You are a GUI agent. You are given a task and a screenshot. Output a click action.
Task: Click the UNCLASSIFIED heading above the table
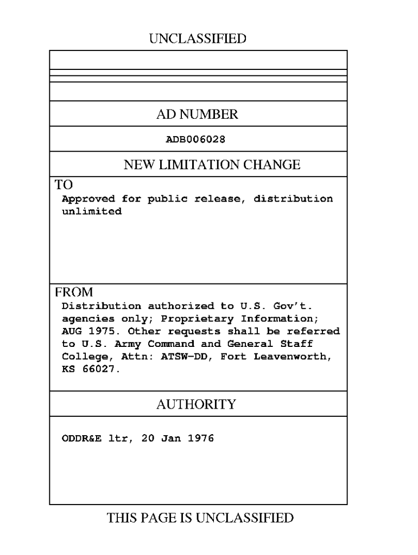198,38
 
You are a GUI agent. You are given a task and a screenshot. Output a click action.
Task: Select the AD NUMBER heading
198,114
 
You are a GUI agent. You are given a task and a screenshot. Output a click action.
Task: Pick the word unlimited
91,211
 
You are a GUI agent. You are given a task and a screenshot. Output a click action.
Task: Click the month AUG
71,331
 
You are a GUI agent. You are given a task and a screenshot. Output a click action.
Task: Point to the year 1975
100,331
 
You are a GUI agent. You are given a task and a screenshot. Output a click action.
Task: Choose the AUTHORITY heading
197,404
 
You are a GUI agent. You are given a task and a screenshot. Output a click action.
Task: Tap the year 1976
200,438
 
